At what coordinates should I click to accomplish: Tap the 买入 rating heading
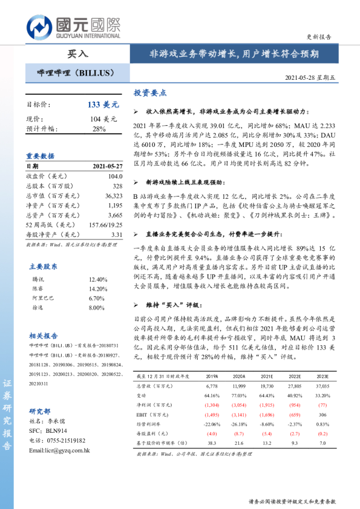(77, 53)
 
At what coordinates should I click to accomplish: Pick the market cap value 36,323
(113, 196)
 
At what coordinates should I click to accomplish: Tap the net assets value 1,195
(114, 206)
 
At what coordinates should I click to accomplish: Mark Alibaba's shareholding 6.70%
(97, 298)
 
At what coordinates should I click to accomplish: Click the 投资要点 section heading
(150, 93)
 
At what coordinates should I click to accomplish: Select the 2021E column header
(267, 376)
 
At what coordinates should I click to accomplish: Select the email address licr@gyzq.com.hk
(59, 450)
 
